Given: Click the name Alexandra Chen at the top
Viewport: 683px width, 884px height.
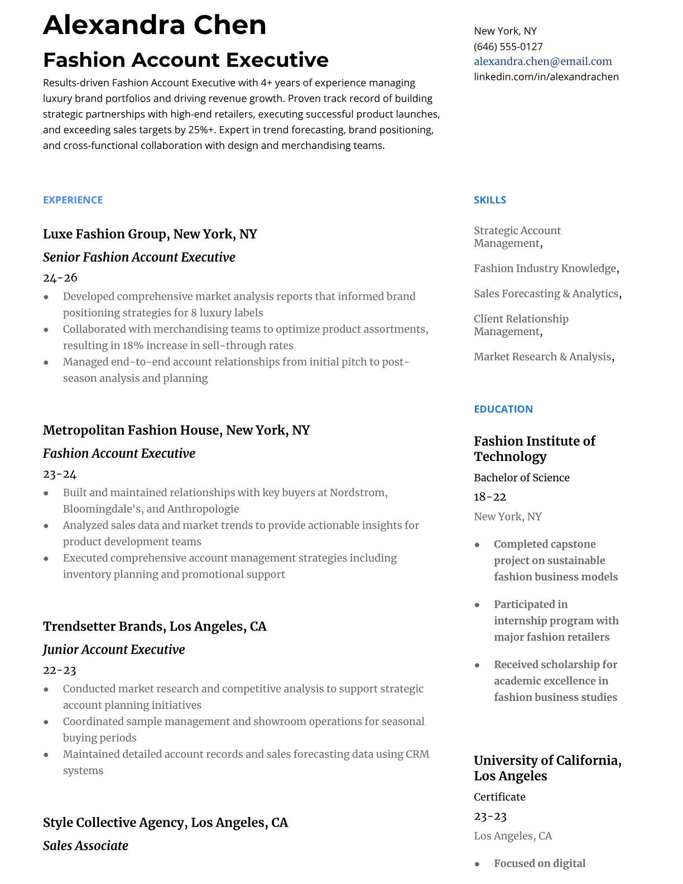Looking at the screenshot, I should tap(155, 25).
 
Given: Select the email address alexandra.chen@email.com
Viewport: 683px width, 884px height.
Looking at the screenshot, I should tap(542, 61).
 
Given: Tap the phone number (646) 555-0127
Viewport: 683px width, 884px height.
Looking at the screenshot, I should tap(508, 46).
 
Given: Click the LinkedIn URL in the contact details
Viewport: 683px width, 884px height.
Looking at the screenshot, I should tap(546, 76).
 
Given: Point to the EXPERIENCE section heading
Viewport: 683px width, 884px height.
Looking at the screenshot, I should tap(73, 200).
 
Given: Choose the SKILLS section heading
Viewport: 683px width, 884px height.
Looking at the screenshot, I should tap(489, 200).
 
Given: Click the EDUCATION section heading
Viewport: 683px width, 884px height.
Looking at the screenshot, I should tap(503, 409).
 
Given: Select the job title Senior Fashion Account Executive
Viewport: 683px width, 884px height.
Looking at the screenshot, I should tap(139, 257).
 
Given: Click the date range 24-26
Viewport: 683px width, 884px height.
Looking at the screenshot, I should tap(60, 277).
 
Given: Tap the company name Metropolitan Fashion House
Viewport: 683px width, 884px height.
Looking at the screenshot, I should tap(129, 430).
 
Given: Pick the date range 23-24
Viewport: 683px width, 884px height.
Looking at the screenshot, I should tap(59, 474).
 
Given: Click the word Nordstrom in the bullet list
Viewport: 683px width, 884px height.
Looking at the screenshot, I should tap(357, 493).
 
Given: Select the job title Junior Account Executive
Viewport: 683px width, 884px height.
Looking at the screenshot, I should tap(114, 650).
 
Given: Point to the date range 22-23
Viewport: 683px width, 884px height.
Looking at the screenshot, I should tap(59, 670).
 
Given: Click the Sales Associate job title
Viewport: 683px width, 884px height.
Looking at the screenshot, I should tap(85, 846).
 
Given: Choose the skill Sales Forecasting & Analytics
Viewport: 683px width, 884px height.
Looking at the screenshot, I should tap(546, 294).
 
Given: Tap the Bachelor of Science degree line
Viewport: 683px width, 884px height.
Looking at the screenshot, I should tap(521, 478).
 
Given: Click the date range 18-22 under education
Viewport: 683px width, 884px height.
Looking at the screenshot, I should tap(489, 497).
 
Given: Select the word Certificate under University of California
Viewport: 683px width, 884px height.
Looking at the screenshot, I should tap(499, 797).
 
